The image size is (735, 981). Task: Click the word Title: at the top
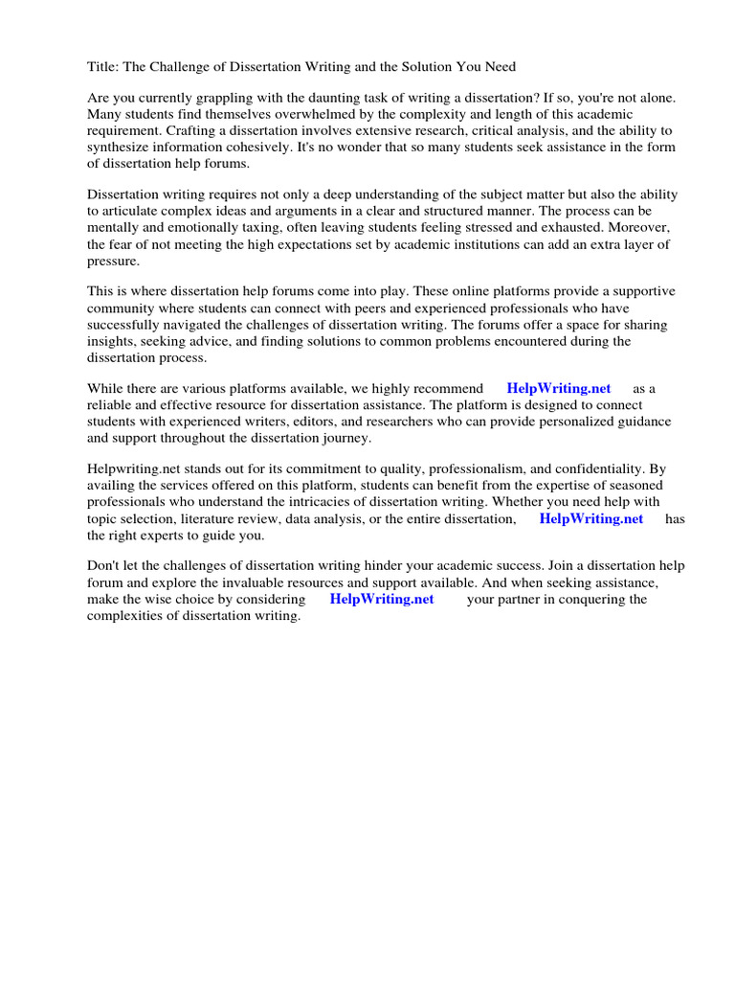pyautogui.click(x=103, y=66)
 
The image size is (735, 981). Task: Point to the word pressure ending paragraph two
pyautogui.click(x=113, y=261)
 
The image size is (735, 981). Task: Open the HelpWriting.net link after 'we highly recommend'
pyautogui.click(x=559, y=388)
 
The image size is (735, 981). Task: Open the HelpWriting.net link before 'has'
pyautogui.click(x=591, y=518)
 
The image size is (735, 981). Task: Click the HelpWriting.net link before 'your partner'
pyautogui.click(x=382, y=599)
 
